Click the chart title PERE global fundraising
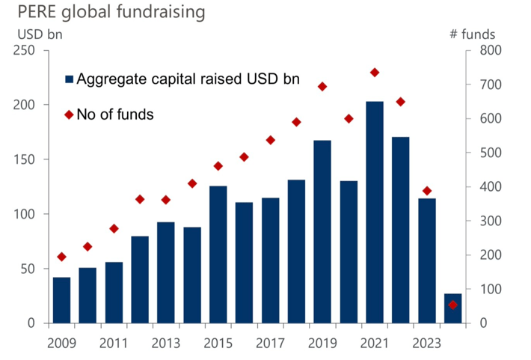point(102,13)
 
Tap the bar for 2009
point(61,300)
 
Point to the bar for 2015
point(218,254)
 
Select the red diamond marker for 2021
point(375,73)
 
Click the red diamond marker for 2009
point(61,257)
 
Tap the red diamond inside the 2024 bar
point(452,305)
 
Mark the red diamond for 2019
point(322,86)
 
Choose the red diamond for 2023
point(427,191)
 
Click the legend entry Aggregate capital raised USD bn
point(182,79)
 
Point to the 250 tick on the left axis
point(27,50)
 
